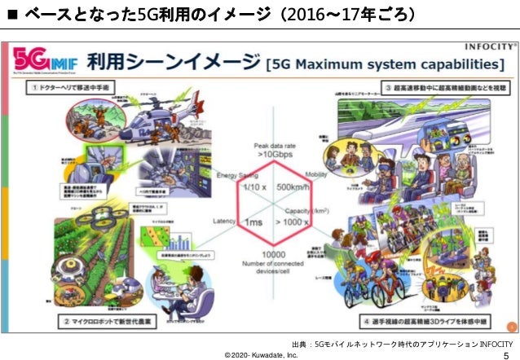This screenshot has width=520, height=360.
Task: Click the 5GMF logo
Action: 36,62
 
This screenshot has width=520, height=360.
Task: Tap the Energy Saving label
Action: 237,176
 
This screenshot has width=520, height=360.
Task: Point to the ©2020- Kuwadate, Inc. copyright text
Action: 261,354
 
